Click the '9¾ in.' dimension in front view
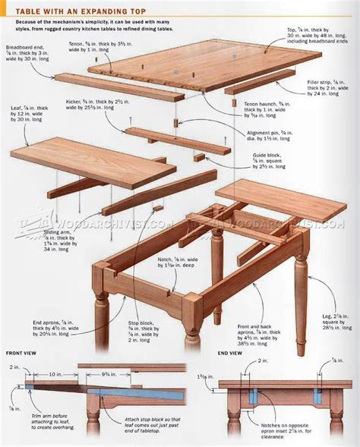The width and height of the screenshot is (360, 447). coord(99,374)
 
